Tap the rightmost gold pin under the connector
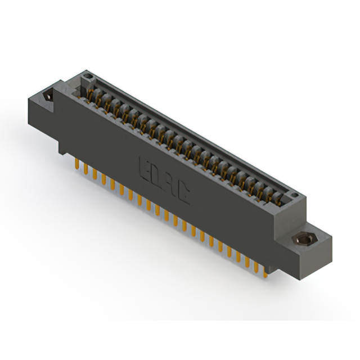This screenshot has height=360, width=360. [x=265, y=271]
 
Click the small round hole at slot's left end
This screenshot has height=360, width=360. [x=85, y=79]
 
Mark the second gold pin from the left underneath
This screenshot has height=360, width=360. [x=85, y=169]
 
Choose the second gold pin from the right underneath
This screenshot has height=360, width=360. [x=256, y=267]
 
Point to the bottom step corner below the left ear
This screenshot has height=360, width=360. [x=61, y=153]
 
